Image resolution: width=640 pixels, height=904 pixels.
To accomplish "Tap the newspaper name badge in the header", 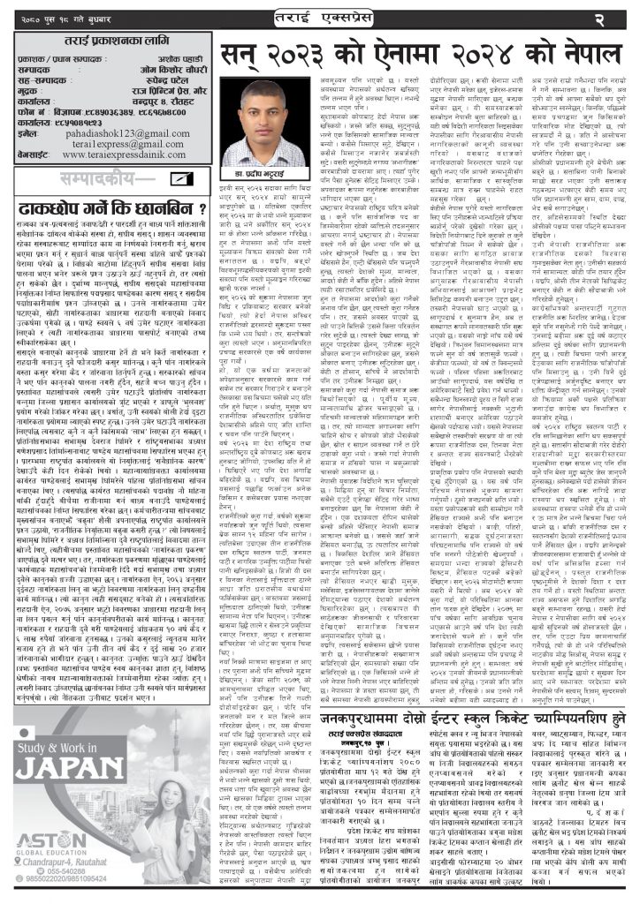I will pyautogui.click(x=321, y=17).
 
